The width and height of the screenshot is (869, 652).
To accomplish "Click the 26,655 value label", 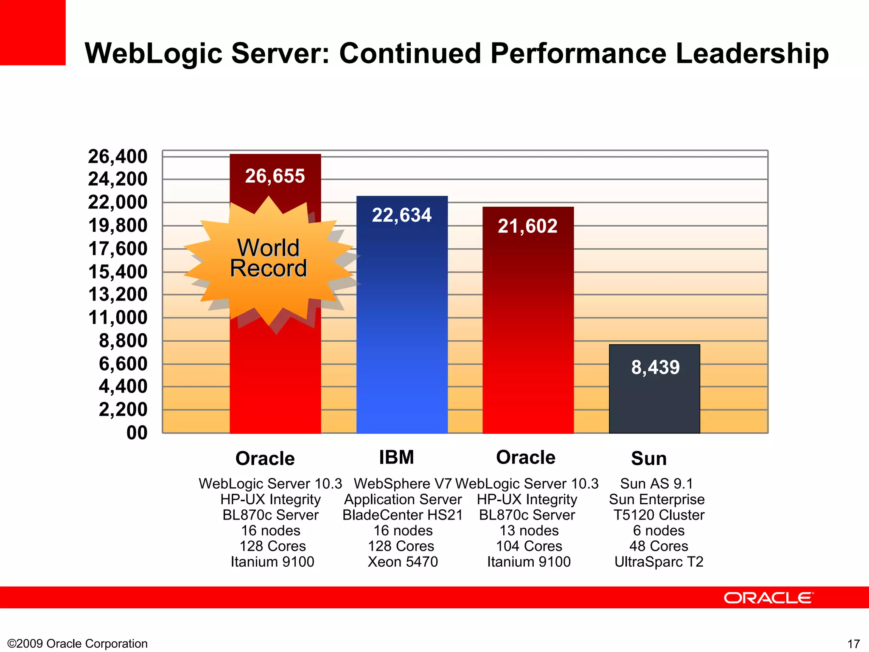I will [x=275, y=176].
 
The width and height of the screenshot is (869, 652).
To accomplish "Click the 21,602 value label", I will [x=527, y=226].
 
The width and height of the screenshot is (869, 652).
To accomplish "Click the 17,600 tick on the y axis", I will [x=118, y=249].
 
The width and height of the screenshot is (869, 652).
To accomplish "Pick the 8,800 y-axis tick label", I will [x=123, y=341].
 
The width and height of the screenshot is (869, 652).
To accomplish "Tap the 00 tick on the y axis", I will [x=137, y=433].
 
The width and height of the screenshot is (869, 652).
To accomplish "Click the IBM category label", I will [x=396, y=457].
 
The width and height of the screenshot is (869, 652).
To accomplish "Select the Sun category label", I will [x=648, y=458].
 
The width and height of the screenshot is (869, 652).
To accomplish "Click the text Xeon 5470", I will [x=402, y=562].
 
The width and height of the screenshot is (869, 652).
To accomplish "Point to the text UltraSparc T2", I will [x=659, y=562].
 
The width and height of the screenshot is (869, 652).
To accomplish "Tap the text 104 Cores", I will [x=529, y=546].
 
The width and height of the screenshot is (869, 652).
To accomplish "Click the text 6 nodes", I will [x=659, y=531].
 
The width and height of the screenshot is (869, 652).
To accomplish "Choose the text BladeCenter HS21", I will [x=402, y=515].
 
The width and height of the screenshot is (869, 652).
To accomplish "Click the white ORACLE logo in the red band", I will [x=768, y=598].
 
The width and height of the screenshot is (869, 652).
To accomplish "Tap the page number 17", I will [x=853, y=644].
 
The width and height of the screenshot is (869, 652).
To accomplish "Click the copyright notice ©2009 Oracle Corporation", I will [x=78, y=644].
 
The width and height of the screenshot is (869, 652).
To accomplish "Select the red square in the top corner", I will [x=33, y=32].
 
